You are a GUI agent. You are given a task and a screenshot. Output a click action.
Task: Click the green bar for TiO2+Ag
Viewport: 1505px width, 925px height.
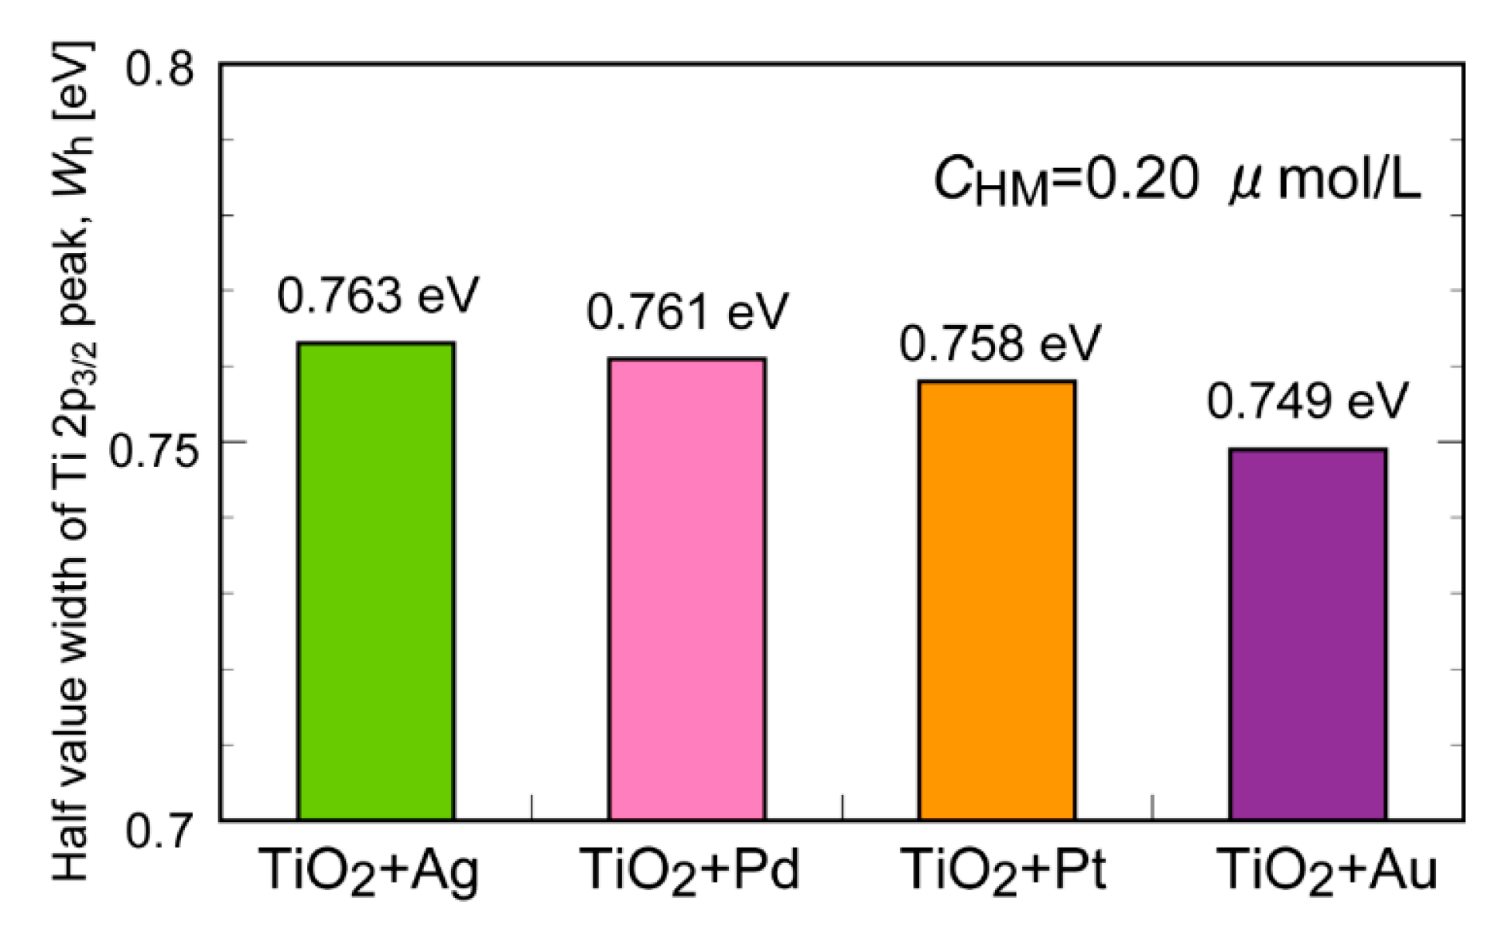376,581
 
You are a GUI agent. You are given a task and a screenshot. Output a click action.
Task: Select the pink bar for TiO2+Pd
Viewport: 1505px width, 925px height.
687,588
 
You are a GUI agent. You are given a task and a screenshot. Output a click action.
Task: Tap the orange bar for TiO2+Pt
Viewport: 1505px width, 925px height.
997,600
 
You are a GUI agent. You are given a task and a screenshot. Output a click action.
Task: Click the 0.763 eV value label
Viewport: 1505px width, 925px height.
378,296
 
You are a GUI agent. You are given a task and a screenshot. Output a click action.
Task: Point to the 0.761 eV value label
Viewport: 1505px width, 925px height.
687,312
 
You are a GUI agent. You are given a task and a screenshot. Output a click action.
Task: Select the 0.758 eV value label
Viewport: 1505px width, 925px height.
999,343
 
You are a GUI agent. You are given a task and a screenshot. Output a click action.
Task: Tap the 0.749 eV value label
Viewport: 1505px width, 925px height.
1308,401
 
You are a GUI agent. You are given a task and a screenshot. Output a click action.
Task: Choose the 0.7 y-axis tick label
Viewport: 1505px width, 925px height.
159,831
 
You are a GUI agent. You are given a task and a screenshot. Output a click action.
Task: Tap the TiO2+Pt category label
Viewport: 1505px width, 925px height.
1004,871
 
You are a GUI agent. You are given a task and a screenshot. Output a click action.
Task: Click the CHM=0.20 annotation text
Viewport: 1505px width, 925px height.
1066,183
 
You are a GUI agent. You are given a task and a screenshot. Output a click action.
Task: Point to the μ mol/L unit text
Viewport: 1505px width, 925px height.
1325,181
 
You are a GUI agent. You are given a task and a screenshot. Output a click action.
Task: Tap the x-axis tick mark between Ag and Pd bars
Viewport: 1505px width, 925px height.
532,807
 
